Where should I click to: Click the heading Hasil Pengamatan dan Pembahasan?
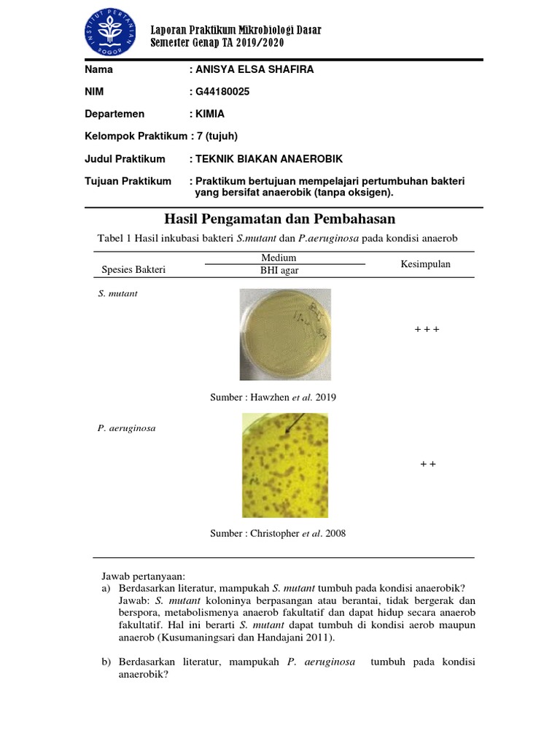(x=280, y=220)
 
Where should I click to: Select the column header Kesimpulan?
(x=425, y=264)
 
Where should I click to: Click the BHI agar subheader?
(x=284, y=271)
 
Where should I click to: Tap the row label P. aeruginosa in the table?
(x=125, y=428)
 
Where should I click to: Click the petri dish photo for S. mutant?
(x=284, y=333)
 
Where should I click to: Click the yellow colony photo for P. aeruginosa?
(x=285, y=465)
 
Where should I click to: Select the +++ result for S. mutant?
(x=427, y=330)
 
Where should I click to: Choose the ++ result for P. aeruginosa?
(x=427, y=465)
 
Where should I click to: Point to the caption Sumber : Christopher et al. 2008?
(x=278, y=533)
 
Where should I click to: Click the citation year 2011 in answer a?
(x=319, y=638)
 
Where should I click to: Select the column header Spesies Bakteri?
(x=133, y=270)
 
